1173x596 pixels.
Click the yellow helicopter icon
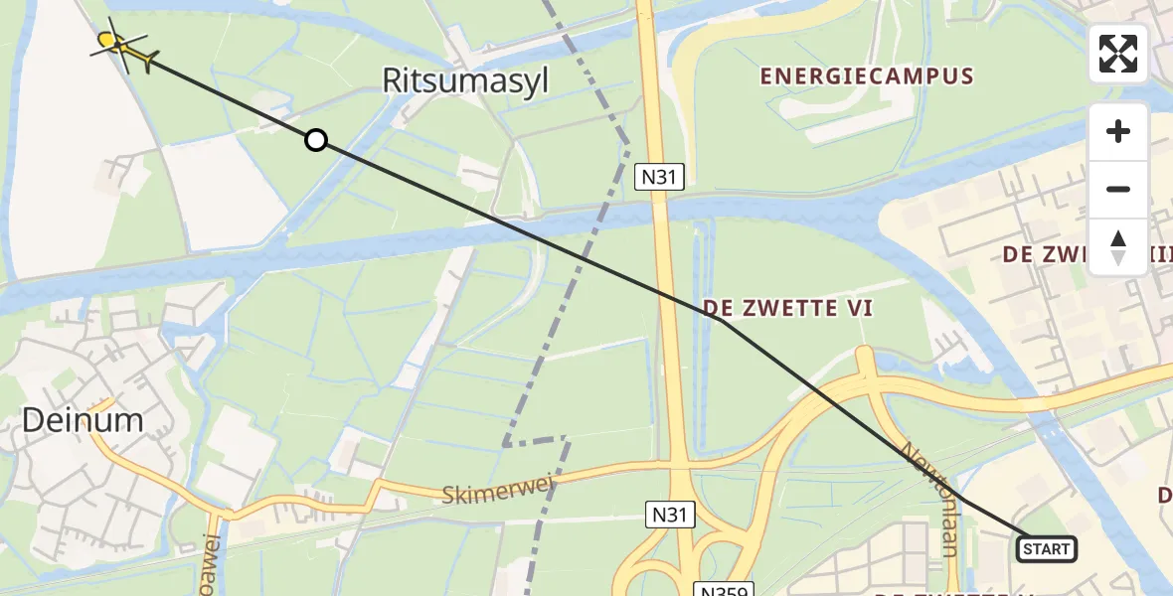pyautogui.click(x=123, y=46)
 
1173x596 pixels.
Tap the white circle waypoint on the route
pyautogui.click(x=315, y=140)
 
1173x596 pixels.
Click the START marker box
pyautogui.click(x=1046, y=548)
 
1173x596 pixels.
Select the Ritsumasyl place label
pyautogui.click(x=466, y=80)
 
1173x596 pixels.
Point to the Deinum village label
pyautogui.click(x=83, y=420)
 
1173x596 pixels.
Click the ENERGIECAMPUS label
pyautogui.click(x=867, y=76)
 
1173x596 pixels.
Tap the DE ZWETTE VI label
pyautogui.click(x=787, y=309)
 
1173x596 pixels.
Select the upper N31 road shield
pyautogui.click(x=659, y=177)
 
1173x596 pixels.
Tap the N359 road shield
pyautogui.click(x=723, y=588)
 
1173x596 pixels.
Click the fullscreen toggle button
pyautogui.click(x=1117, y=54)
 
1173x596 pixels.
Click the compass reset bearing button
pyautogui.click(x=1117, y=246)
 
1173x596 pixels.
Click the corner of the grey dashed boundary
pyautogui.click(x=505, y=444)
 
